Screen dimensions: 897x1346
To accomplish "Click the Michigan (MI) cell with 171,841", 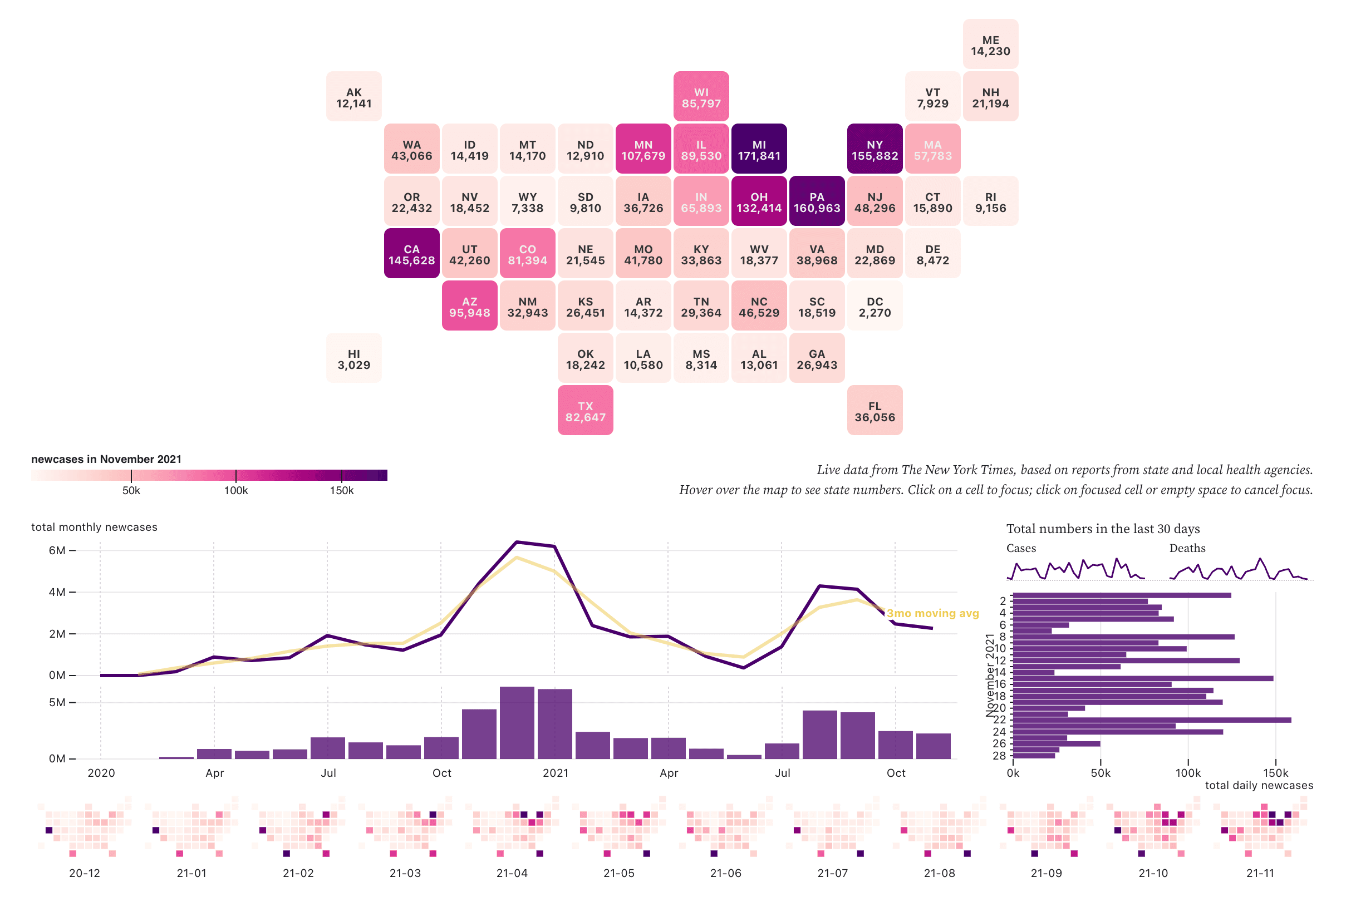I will tap(759, 149).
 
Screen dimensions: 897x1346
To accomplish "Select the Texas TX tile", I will tap(585, 411).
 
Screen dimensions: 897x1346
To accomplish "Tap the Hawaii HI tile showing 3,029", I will tap(353, 359).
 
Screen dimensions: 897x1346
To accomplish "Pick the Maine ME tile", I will tap(990, 45).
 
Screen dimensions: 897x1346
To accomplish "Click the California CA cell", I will tap(411, 254).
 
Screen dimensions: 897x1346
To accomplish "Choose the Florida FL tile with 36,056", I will tap(875, 411).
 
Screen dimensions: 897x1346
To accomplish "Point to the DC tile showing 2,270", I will tap(875, 306).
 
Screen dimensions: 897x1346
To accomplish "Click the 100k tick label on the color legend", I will tap(236, 491).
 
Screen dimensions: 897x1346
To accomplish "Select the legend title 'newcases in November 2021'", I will tap(106, 460).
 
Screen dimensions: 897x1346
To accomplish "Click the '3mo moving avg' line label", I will tap(932, 613).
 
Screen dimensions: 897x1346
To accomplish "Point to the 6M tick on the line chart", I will tap(57, 550).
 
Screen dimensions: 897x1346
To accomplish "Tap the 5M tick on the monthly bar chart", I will tap(57, 702).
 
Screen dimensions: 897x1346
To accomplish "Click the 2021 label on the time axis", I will tap(555, 773).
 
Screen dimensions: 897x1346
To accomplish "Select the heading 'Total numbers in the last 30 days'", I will tap(1103, 529).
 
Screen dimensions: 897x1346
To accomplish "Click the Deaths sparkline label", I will tap(1187, 549).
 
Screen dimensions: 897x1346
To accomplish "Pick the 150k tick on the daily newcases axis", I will tap(1275, 773).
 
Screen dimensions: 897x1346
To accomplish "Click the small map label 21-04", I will tap(512, 874).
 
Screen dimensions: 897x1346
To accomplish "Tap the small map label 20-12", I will tap(85, 874).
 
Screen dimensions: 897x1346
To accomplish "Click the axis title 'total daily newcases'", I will tap(1259, 786).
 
